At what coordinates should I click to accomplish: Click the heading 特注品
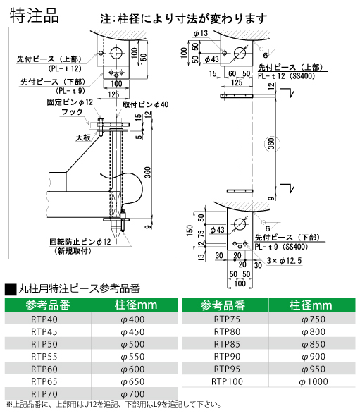(35, 16)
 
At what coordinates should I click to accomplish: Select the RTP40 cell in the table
(44, 319)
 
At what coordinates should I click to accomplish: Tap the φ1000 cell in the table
(314, 381)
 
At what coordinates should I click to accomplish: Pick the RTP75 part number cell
(227, 319)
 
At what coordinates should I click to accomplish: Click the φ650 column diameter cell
(132, 381)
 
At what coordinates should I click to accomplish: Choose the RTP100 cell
(227, 381)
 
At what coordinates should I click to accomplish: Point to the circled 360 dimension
(272, 144)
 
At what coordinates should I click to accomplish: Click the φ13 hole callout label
(200, 33)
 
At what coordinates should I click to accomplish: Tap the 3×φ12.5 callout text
(284, 261)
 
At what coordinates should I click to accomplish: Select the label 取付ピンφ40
(146, 104)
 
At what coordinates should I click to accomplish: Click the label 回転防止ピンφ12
(80, 242)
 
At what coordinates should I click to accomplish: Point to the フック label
(72, 112)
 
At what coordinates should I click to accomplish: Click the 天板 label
(83, 137)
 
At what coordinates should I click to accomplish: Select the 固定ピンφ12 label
(70, 102)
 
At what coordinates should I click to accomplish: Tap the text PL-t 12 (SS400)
(287, 76)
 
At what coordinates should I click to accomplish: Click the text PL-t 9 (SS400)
(282, 247)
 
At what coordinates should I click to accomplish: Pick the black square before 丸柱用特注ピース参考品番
(11, 290)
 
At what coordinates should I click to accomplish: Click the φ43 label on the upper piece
(211, 59)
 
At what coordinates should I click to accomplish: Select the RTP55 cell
(44, 357)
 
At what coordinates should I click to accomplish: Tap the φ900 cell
(314, 357)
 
